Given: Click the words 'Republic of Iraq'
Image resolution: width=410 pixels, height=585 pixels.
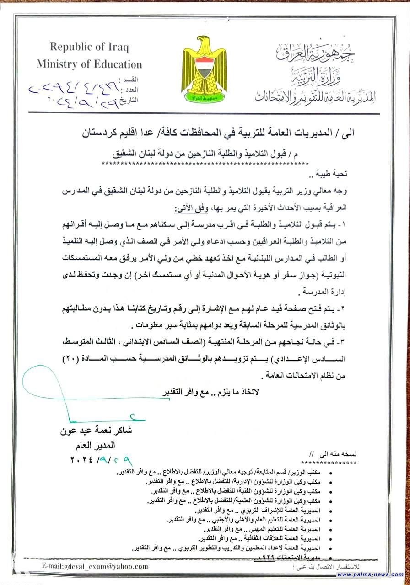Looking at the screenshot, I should coord(90,48).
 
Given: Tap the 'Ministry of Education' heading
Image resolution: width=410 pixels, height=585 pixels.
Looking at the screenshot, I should coord(90,64).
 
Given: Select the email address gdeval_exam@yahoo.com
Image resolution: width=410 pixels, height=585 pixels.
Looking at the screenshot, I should coord(95,566).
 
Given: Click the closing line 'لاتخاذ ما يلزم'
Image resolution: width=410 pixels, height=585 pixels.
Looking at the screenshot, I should coord(238,393).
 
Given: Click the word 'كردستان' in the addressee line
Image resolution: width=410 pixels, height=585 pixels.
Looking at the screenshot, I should coord(104,133).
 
